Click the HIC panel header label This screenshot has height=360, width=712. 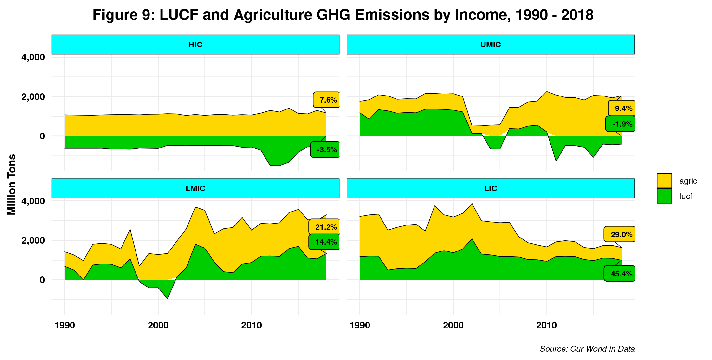195,45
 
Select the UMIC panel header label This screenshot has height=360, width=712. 490,45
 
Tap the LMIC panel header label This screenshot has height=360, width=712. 195,188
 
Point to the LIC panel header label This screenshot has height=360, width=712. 490,188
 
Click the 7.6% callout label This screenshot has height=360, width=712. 327,100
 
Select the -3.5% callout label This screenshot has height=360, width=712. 326,150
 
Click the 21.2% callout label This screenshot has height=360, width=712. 325,227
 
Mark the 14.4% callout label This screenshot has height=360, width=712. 325,242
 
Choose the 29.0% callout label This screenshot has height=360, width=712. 620,234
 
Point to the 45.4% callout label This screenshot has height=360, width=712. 620,274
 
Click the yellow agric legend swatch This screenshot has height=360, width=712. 664,181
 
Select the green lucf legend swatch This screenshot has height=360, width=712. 664,196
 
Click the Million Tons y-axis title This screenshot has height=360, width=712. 12,185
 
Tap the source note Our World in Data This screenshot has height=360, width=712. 587,349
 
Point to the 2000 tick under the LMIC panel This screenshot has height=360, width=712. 158,325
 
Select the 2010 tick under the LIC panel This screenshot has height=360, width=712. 546,325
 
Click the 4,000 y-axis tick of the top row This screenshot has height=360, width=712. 33,58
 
